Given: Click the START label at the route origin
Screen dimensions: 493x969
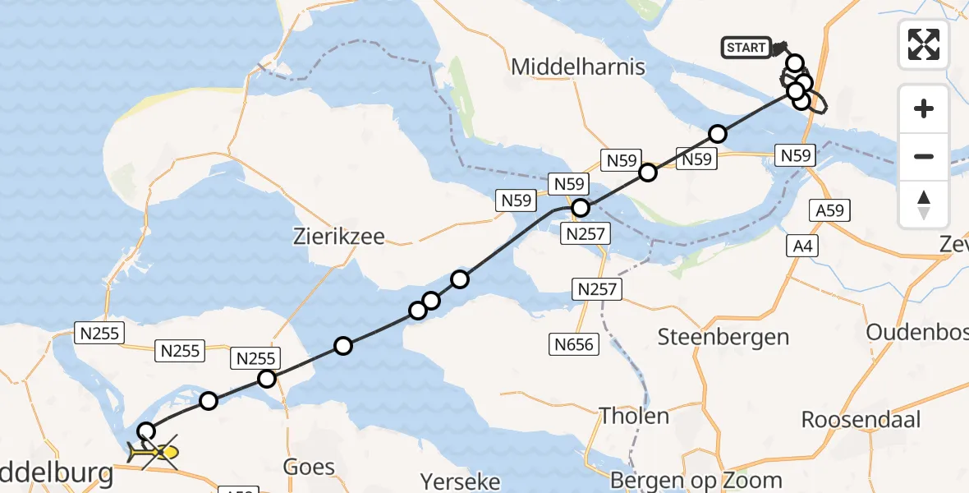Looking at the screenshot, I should [x=746, y=48].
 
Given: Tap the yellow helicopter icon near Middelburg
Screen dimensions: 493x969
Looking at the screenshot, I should [x=156, y=452].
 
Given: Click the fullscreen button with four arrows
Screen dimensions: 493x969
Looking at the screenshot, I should [x=924, y=44].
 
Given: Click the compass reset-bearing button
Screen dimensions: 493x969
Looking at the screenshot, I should [x=924, y=205].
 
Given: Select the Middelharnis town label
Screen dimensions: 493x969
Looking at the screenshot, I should [x=578, y=67].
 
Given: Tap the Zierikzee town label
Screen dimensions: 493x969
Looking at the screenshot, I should [x=339, y=237].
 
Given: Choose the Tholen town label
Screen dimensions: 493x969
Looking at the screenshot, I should [x=634, y=416].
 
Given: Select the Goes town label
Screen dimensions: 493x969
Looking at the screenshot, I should [x=309, y=468].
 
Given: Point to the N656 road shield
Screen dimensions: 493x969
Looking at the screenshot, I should [x=573, y=344].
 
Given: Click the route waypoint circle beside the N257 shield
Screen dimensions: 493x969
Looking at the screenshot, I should [x=581, y=208].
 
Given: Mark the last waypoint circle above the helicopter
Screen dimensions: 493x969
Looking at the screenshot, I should [x=146, y=431].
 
